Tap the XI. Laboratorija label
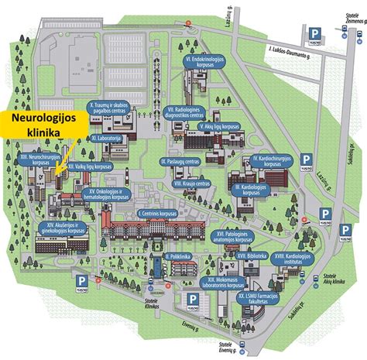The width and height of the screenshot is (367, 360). point(108,137)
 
